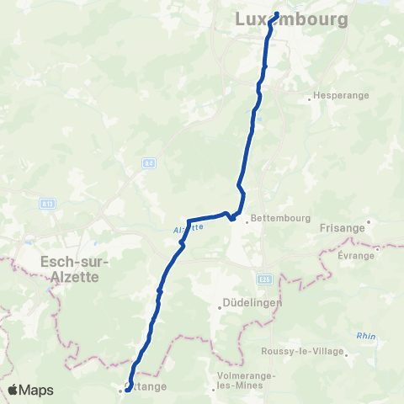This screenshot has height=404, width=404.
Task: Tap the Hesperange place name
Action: [x=341, y=96]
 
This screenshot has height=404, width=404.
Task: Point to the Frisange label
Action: [x=342, y=228]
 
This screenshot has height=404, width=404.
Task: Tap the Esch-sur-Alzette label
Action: [x=71, y=268]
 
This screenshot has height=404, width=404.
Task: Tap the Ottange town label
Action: [x=146, y=387]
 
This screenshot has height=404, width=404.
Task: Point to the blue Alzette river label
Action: [x=192, y=227]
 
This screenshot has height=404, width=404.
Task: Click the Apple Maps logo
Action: [x=29, y=390]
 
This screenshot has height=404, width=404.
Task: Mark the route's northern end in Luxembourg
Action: [x=275, y=13]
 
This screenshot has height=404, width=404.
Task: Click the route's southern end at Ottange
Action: [x=126, y=388]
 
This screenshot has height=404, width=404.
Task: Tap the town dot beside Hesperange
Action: [x=310, y=98]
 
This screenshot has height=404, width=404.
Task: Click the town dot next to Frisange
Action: [x=367, y=222]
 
